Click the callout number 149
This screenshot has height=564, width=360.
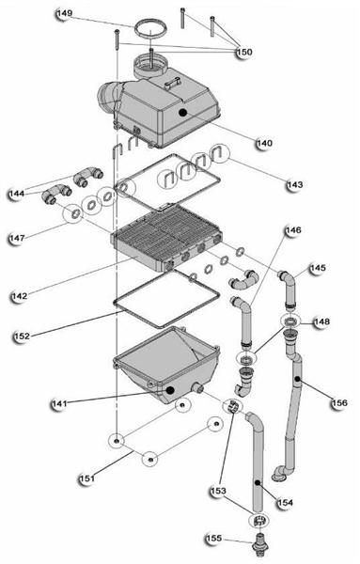pos(65,13)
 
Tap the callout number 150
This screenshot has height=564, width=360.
pos(244,52)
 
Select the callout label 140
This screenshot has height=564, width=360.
pos(264,143)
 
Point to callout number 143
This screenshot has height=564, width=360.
pos(295,184)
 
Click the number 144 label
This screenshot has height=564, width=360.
pos(17,194)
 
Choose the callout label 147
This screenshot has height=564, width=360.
pos(17,238)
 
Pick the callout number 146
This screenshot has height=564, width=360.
pos(293,230)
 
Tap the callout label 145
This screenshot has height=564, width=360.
pos(318,268)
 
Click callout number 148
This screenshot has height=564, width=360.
pos(321,321)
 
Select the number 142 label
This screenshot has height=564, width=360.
pos(19,296)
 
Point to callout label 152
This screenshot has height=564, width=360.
pos(22,337)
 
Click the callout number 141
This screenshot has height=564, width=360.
pos(59,403)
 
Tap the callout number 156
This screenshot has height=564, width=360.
pos(339,403)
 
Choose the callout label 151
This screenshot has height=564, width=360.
pos(87,478)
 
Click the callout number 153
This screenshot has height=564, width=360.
pos(218,491)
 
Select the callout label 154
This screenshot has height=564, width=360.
pos(285,503)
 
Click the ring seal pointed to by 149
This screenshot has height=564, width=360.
pos(151,22)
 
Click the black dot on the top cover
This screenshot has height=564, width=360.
pos(183,113)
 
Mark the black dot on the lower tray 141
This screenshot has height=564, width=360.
pos(170,389)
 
